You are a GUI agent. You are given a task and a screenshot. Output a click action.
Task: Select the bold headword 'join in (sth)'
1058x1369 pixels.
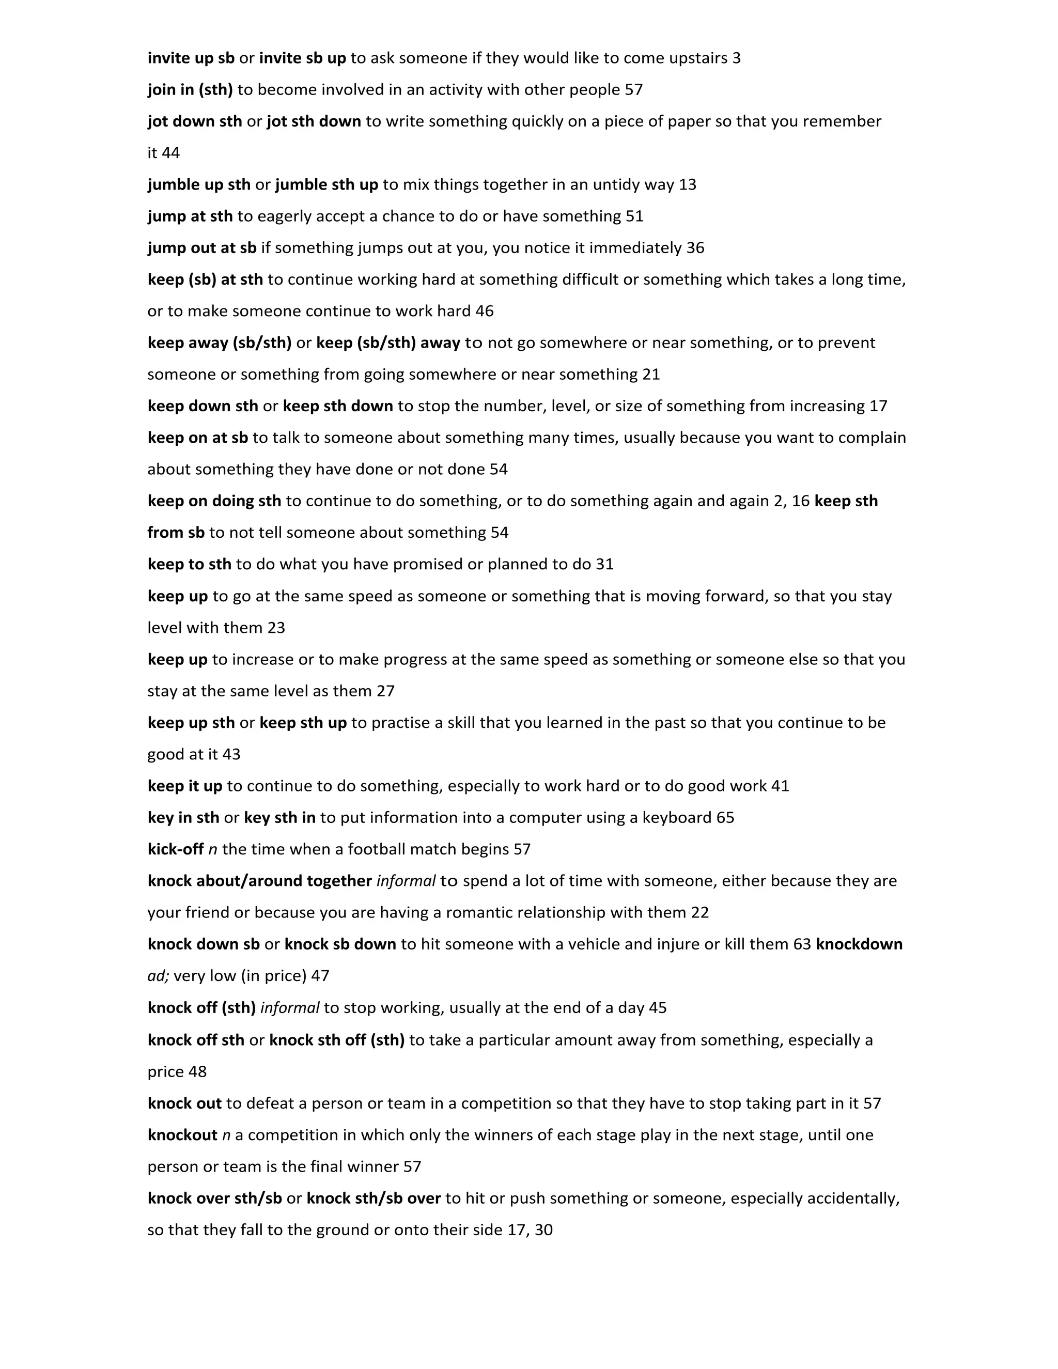190,90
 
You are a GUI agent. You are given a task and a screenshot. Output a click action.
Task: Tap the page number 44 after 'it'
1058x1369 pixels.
170,153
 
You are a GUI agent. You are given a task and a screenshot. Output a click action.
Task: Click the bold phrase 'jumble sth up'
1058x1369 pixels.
326,185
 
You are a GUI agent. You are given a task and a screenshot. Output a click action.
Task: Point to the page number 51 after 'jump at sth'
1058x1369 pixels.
634,216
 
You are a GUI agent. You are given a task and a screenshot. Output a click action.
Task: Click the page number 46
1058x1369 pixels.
485,312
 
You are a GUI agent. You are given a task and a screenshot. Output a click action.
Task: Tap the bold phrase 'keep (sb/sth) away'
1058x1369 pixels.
388,343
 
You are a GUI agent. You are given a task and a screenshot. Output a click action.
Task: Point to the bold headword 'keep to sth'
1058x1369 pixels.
189,564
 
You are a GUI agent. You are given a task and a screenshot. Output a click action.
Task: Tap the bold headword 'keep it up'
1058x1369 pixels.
185,786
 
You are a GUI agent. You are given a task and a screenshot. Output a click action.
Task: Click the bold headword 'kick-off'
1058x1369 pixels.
176,849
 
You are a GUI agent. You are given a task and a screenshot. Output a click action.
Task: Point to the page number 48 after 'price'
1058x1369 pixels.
197,1072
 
